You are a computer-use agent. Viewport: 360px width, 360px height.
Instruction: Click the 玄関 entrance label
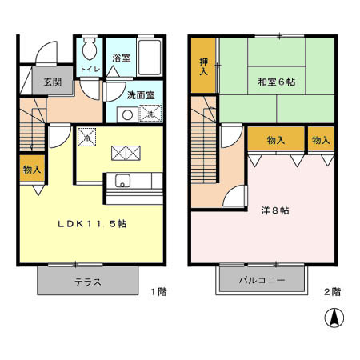pos(53,81)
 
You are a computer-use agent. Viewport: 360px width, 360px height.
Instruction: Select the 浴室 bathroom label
pos(121,58)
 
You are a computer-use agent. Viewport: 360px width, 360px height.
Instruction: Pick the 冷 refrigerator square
pos(87,137)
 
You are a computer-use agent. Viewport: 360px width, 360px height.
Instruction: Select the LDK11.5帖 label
pos(91,225)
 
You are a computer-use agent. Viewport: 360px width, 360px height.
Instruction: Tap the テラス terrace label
pos(88,281)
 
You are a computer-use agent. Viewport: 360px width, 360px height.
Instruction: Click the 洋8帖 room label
pos(276,210)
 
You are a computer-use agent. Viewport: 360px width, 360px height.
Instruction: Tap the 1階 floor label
pos(158,292)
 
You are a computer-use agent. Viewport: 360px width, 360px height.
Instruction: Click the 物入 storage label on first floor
pos(31,170)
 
